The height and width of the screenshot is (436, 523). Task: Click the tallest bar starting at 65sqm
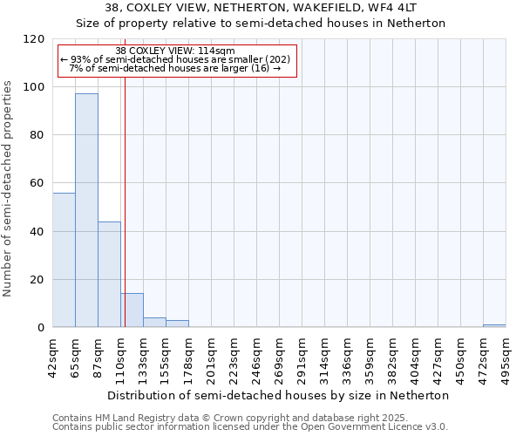point(86,210)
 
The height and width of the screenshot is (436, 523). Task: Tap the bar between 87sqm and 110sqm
point(109,275)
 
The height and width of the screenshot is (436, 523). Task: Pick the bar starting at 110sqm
point(132,310)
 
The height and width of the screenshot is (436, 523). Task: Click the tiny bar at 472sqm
point(494,325)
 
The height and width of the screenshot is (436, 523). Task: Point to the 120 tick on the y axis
point(34,39)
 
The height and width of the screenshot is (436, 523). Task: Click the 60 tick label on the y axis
point(37,183)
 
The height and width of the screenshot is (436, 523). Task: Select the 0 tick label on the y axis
point(41,328)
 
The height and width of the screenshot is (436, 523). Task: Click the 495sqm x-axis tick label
point(506,356)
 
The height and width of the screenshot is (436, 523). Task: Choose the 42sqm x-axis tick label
point(52,356)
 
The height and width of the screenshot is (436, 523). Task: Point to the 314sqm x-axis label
point(324,356)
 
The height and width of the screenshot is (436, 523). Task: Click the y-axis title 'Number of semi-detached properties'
point(8,183)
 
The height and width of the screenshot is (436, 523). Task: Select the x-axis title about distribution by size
point(279,395)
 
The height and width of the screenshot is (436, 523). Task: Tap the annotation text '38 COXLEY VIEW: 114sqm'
point(175,51)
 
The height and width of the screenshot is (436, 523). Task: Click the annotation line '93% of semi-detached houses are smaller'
point(177,60)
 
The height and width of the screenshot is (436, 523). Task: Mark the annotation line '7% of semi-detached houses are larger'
point(175,69)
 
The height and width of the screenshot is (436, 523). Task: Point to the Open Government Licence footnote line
point(250,427)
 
